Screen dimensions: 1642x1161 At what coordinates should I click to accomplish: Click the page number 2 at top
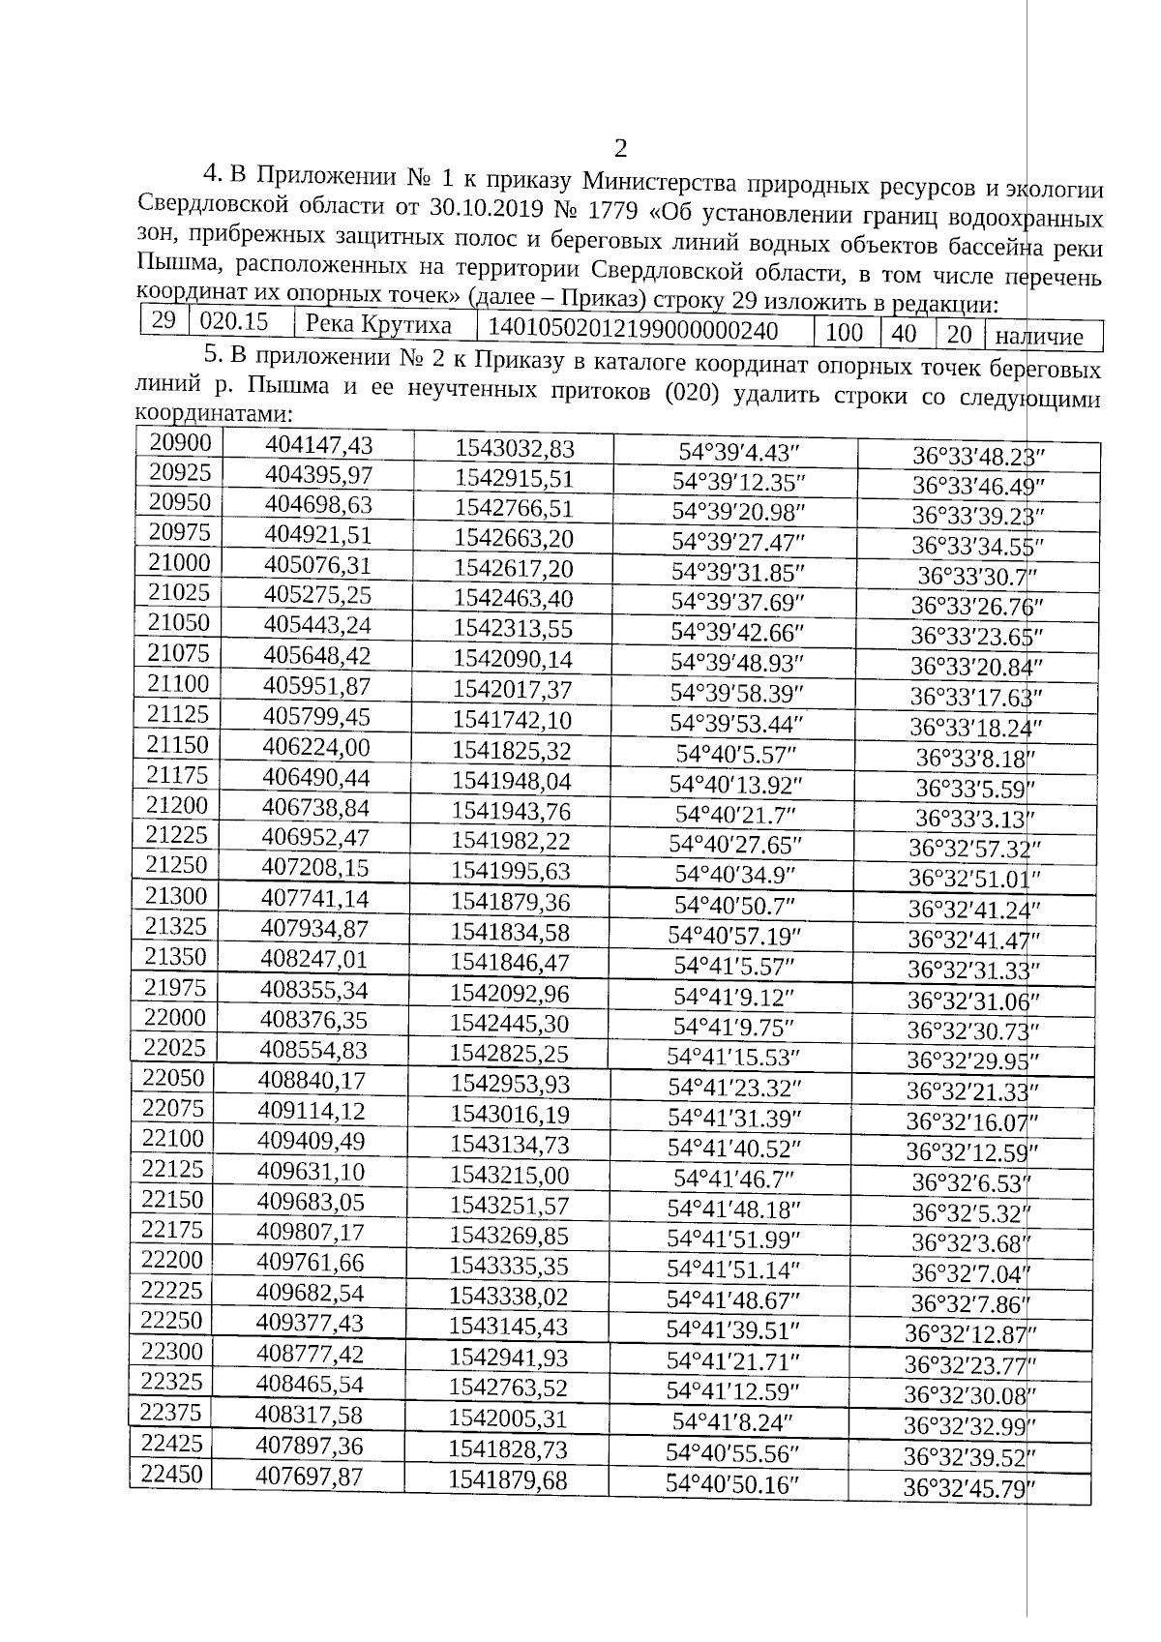click(620, 148)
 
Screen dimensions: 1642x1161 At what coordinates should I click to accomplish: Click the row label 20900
click(181, 442)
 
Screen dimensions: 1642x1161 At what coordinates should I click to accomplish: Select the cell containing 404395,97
click(318, 475)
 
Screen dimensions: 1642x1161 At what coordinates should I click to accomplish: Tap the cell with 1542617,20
click(514, 568)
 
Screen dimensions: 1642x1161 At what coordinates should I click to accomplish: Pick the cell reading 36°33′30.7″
click(977, 576)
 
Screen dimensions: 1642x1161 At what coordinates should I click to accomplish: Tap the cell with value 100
click(845, 333)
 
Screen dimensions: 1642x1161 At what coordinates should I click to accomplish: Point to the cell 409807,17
click(311, 1232)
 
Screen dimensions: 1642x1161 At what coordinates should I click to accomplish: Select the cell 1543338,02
click(508, 1296)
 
